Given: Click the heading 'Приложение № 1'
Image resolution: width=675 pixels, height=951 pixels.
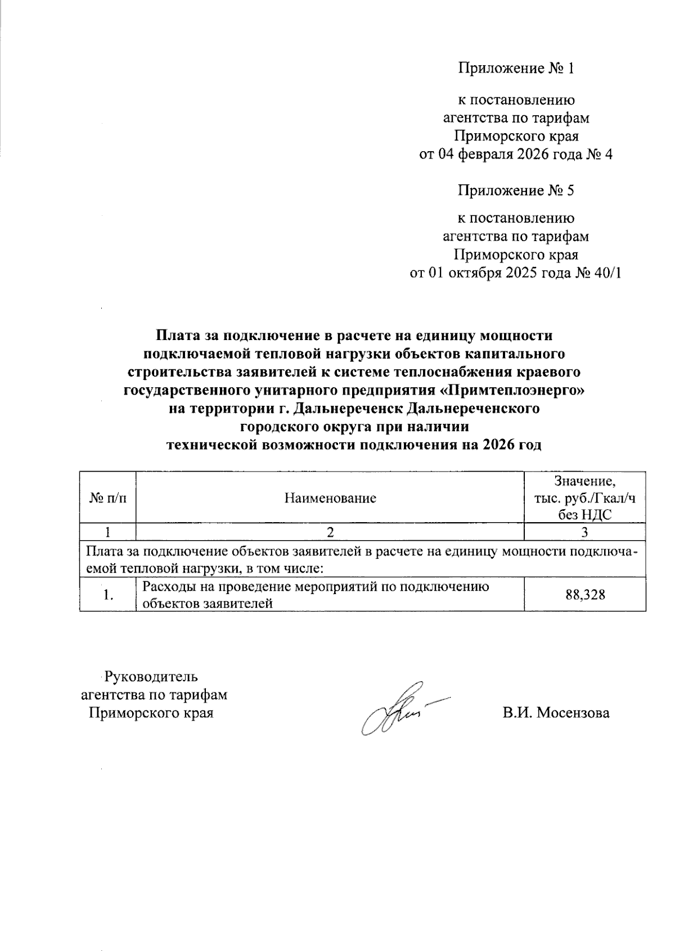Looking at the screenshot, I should point(516,69).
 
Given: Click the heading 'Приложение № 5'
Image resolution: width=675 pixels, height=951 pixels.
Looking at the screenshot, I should point(516,191).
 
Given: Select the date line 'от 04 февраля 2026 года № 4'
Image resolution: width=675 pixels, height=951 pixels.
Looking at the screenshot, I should point(516,155).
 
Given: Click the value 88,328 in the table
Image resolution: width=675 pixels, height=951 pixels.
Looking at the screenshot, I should point(585,595).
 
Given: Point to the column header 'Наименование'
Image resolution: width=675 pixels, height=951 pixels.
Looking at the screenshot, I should point(330,498).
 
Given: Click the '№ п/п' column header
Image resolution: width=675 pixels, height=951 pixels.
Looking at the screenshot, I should point(108,498).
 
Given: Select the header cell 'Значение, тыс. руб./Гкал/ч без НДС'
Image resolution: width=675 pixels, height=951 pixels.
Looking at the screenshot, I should point(585,498).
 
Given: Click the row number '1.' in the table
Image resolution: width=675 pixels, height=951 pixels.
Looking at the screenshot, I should point(109,595).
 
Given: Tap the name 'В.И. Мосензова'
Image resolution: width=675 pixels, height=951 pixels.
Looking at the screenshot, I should point(556,713).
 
